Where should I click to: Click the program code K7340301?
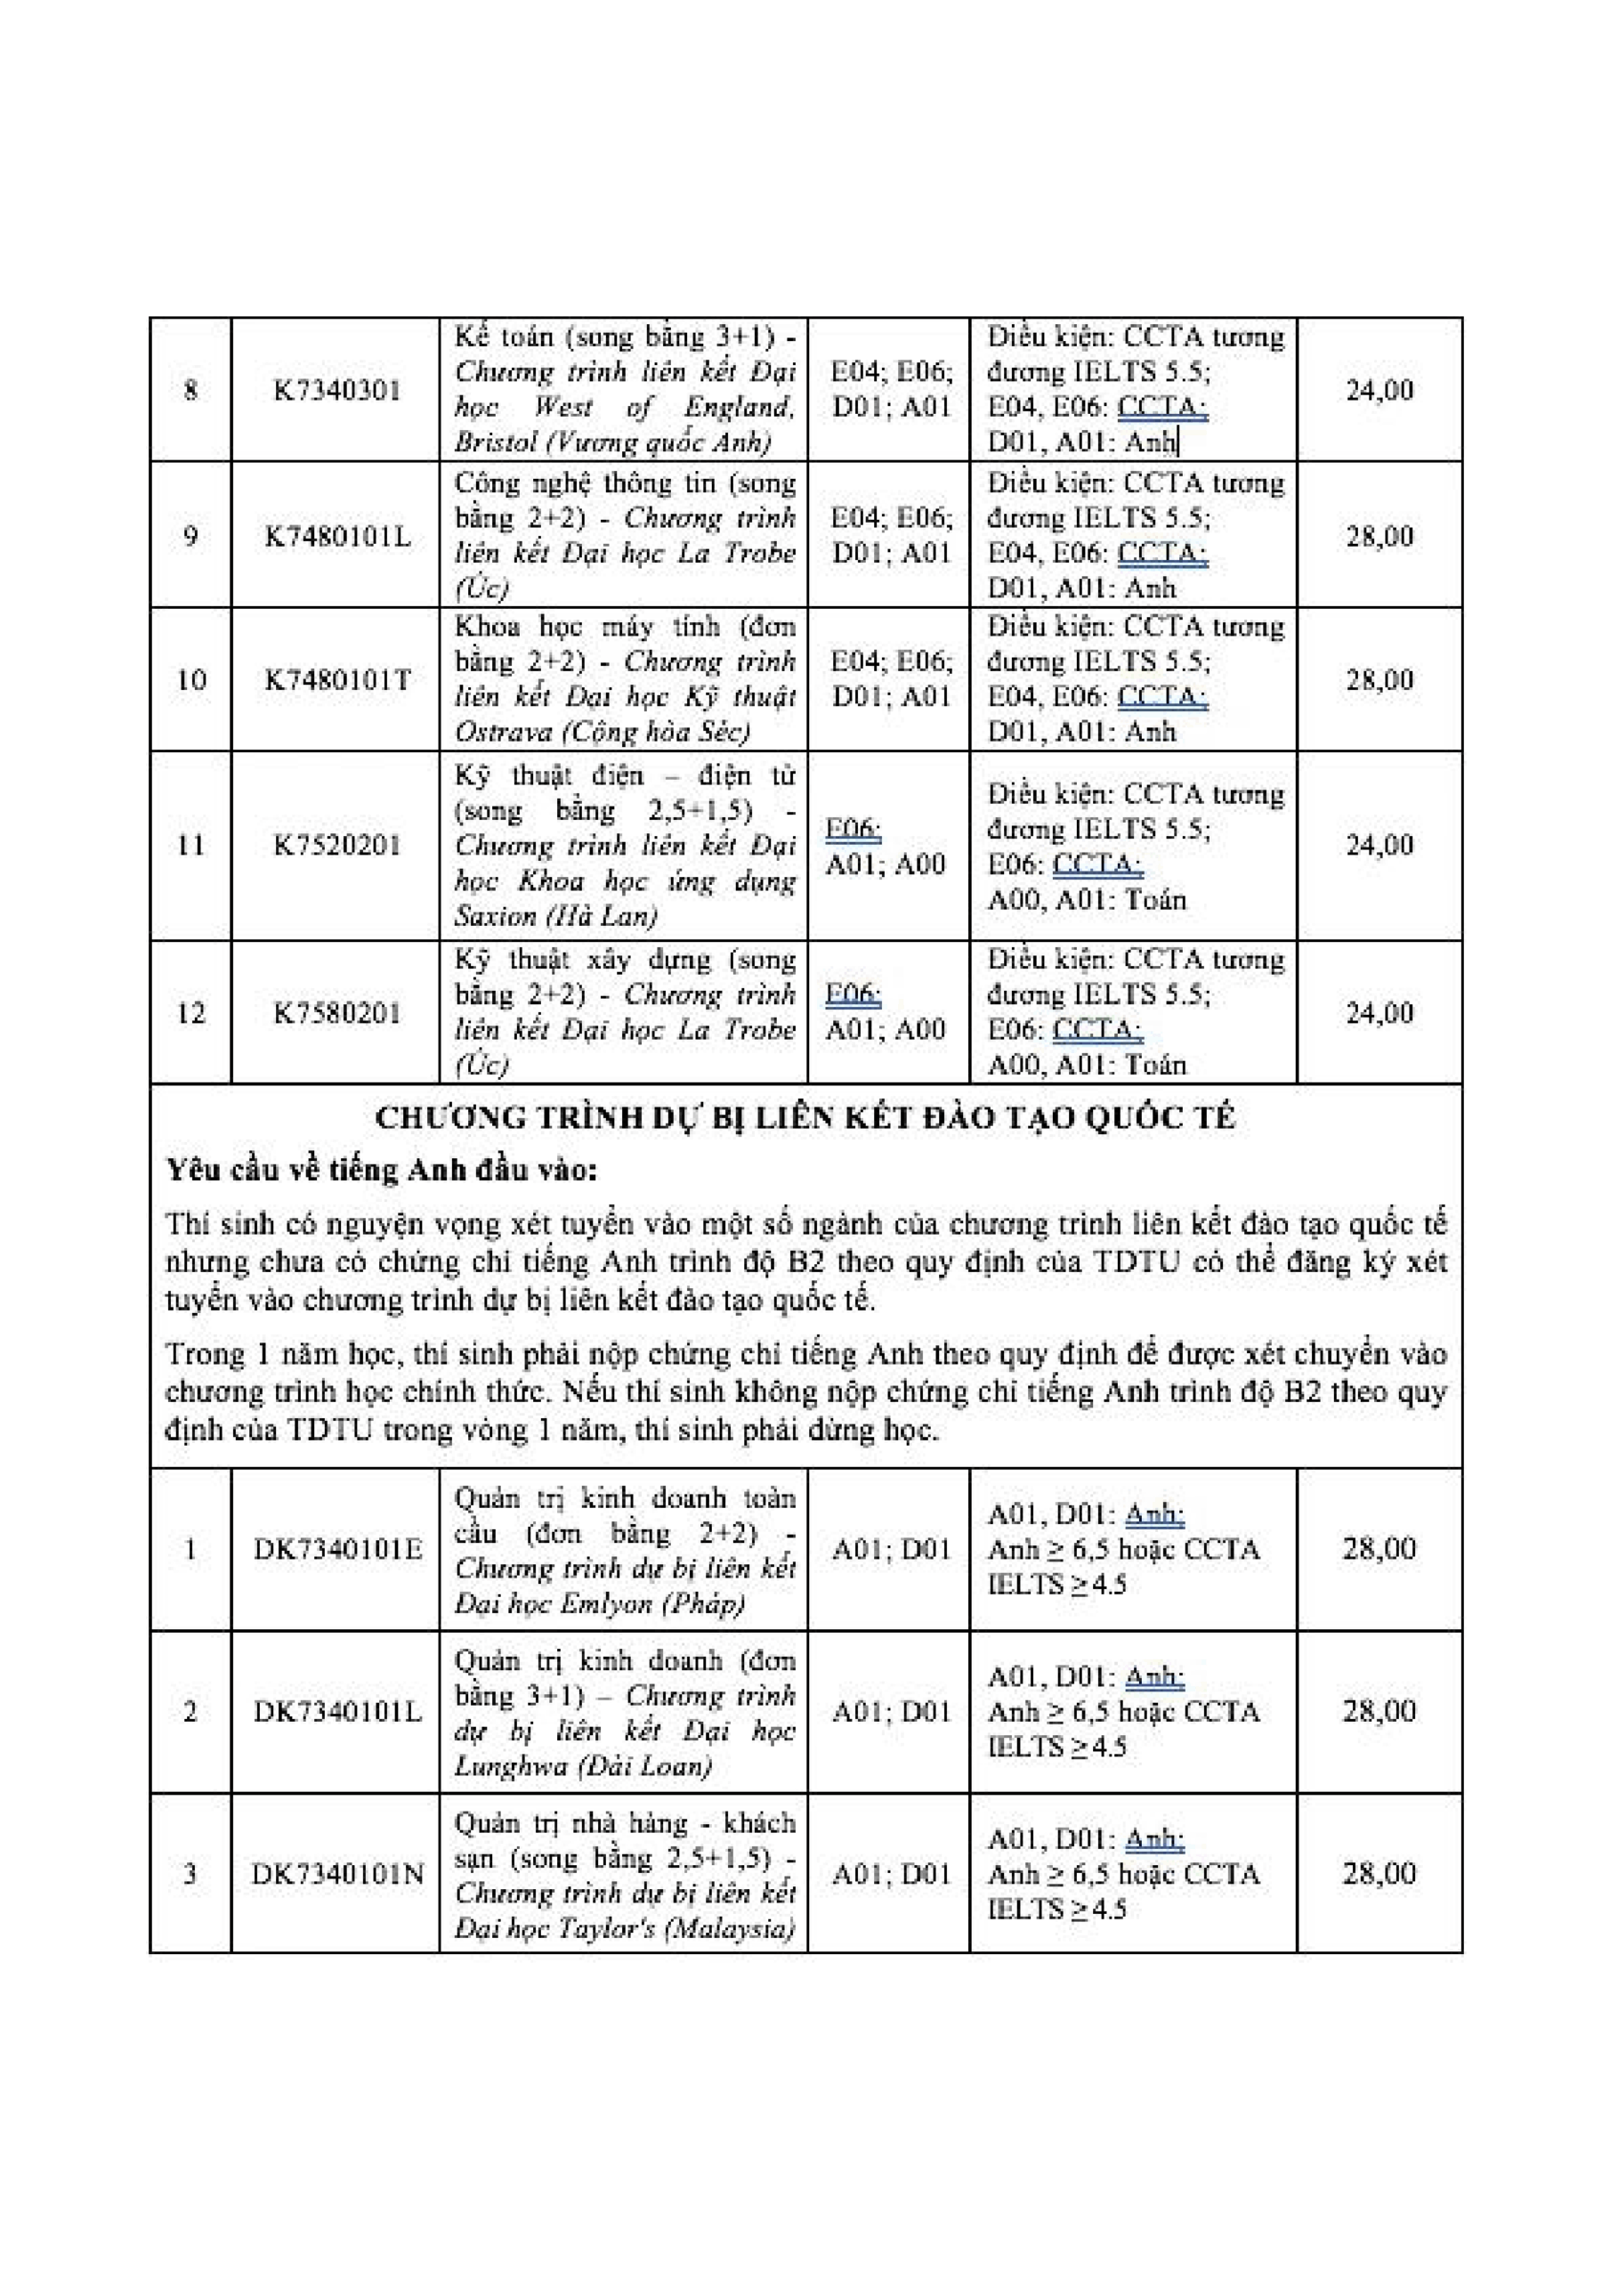pyautogui.click(x=336, y=390)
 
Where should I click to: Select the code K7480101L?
pyautogui.click(x=336, y=537)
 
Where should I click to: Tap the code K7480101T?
pyautogui.click(x=336, y=680)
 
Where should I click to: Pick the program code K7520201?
pyautogui.click(x=336, y=846)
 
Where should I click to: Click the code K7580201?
pyautogui.click(x=336, y=1013)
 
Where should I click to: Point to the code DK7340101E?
pyautogui.click(x=336, y=1549)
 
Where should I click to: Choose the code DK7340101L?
pyautogui.click(x=336, y=1711)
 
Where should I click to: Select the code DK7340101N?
pyautogui.click(x=336, y=1874)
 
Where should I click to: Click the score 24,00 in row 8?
pyautogui.click(x=1379, y=390)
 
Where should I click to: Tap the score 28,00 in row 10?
pyautogui.click(x=1379, y=680)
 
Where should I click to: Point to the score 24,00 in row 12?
pyautogui.click(x=1379, y=1013)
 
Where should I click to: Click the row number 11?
pyautogui.click(x=190, y=846)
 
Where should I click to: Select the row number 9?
pyautogui.click(x=190, y=537)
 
